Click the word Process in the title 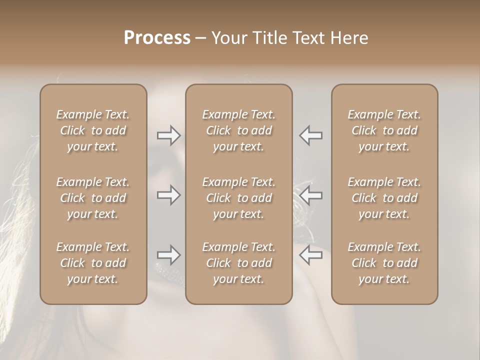[157, 38]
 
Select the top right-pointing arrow [168, 135]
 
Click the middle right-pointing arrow [168, 195]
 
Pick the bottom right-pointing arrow [168, 255]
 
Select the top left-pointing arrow [311, 135]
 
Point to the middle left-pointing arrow [311, 195]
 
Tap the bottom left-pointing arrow [311, 255]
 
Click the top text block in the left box [93, 130]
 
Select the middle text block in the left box [93, 198]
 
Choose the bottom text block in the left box [93, 263]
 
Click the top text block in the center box [238, 130]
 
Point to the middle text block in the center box [238, 198]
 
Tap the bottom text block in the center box [238, 263]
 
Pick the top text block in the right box [384, 130]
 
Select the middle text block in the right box [384, 198]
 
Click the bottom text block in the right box [384, 263]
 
